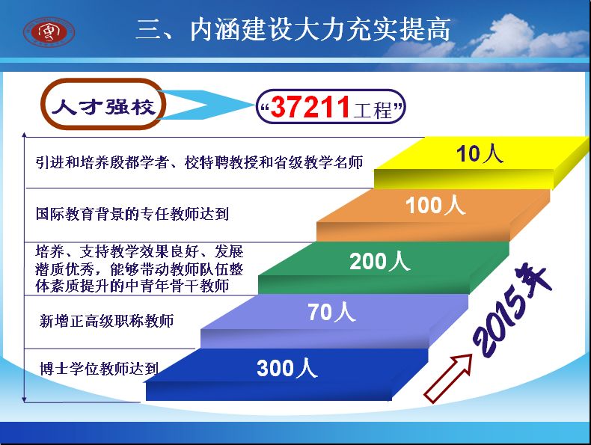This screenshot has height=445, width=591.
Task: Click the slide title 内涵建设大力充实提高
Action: [x=320, y=29]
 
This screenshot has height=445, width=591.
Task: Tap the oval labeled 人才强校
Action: [x=103, y=104]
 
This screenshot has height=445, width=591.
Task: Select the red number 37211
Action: [x=310, y=107]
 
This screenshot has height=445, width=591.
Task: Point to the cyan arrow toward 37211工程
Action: [x=206, y=105]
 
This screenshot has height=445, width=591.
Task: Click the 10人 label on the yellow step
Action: [x=480, y=154]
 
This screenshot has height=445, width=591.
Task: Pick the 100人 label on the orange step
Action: [x=435, y=206]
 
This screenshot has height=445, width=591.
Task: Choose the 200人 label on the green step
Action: [x=379, y=261]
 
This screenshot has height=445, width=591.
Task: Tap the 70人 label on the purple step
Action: [x=331, y=312]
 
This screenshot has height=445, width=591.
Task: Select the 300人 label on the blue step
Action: [x=287, y=368]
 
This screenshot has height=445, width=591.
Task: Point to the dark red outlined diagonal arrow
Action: [x=448, y=378]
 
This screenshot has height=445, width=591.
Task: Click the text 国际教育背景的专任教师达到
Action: [x=132, y=214]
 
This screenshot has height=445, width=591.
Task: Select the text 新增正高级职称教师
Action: [x=107, y=321]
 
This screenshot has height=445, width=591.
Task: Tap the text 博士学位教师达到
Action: [x=99, y=369]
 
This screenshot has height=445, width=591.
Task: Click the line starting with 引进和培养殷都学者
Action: [x=200, y=162]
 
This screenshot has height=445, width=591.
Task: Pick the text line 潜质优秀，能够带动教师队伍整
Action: [x=139, y=269]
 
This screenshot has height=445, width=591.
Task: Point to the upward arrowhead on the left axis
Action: [x=25, y=135]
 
